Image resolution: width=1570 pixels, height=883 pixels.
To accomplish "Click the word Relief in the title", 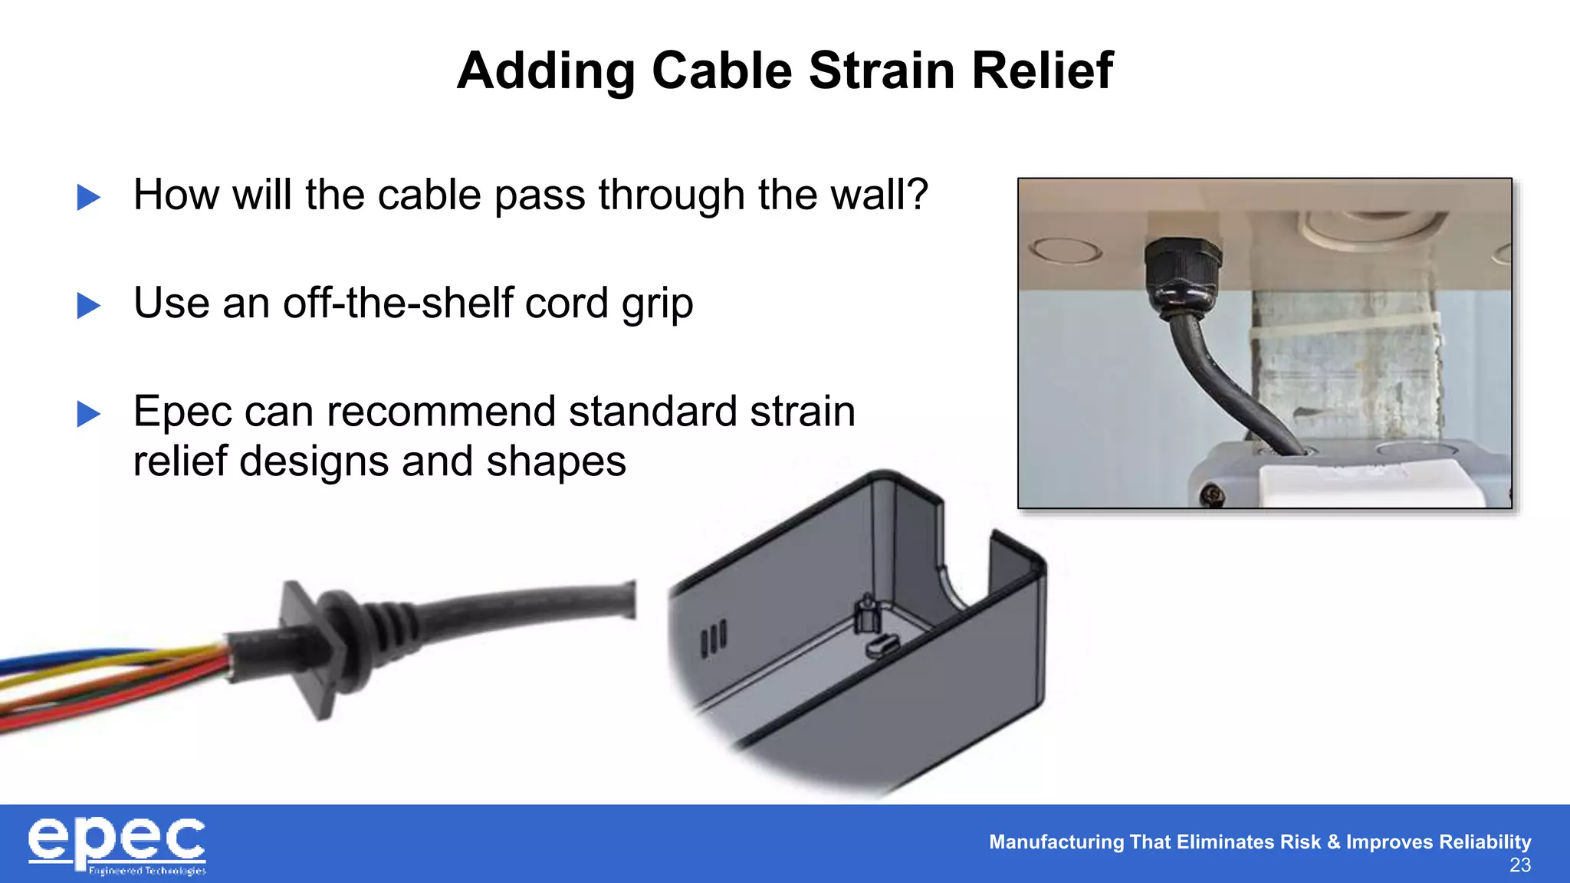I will point(1043,71).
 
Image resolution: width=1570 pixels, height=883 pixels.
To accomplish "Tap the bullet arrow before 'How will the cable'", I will point(89,198).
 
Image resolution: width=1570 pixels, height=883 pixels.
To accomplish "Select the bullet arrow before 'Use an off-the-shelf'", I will point(89,306).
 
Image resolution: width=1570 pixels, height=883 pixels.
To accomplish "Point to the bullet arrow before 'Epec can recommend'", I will point(89,415).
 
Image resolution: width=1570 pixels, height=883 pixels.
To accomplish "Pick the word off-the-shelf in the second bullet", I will point(399,304).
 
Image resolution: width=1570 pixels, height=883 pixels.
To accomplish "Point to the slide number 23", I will point(1519,865).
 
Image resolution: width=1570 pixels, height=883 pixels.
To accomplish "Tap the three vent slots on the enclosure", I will point(713,638).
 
